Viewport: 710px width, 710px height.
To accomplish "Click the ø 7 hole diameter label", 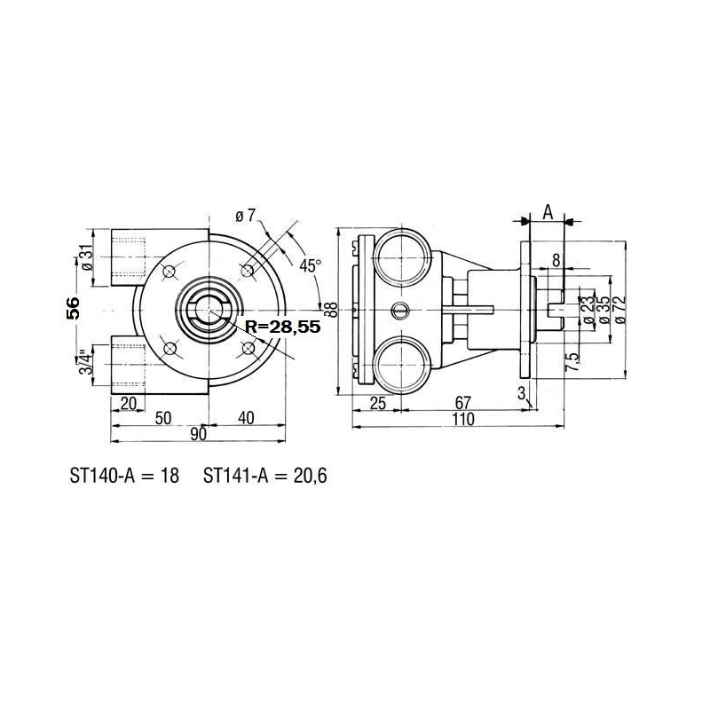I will [x=245, y=217].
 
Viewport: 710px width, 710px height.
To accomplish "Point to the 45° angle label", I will [x=309, y=265].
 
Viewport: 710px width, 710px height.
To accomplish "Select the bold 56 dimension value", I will [x=75, y=308].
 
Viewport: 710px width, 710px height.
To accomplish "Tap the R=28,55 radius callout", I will [x=280, y=327].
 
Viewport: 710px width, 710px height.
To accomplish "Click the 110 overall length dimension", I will [x=462, y=419].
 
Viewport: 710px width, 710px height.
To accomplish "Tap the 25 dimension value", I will [x=376, y=403].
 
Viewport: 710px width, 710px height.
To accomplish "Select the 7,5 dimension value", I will [x=573, y=364].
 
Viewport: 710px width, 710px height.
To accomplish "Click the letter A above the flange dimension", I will [x=548, y=212].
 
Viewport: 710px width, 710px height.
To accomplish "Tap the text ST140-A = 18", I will [x=124, y=476].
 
